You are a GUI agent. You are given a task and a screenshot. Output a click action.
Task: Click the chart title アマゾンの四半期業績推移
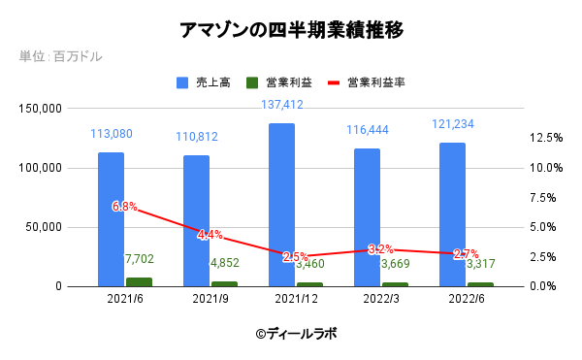coord(291,30)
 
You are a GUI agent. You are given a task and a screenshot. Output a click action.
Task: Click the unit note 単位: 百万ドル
coord(60,56)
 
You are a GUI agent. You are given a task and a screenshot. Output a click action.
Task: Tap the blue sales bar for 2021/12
coord(281,205)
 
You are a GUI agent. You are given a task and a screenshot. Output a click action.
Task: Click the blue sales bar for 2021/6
coord(111,218)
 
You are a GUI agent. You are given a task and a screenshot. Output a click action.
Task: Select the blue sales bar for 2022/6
coord(452,214)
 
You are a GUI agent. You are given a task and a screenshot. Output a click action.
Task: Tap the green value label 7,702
coord(140,259)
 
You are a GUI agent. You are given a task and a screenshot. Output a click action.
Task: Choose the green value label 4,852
coord(224,263)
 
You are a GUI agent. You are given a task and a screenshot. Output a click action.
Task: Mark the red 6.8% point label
coord(124,207)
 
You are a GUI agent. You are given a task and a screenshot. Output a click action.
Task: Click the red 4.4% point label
coord(210,235)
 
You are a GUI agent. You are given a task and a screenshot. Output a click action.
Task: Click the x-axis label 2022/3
coord(367,301)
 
